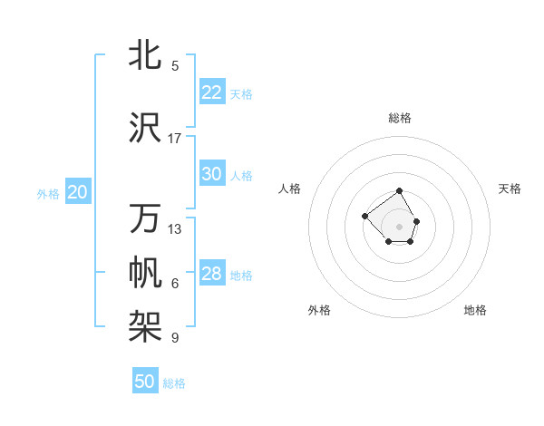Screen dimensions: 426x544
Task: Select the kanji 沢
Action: coord(145,128)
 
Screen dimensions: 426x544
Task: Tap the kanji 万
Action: coord(145,218)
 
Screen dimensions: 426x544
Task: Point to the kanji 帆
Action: coord(145,273)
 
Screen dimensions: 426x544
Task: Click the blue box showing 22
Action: coord(212,92)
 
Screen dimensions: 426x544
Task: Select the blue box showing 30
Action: coord(212,174)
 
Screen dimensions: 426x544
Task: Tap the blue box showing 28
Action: coord(212,274)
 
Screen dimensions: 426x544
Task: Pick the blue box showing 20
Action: coord(78,192)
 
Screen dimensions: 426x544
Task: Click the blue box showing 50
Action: coord(145,382)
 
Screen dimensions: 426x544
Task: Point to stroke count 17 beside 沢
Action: coord(175,139)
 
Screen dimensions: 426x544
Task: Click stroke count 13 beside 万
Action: coord(175,229)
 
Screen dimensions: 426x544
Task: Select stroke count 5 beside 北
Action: coord(175,66)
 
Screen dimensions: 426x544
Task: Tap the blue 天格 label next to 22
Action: coord(241,94)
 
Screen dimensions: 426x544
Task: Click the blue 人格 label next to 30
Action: coord(241,176)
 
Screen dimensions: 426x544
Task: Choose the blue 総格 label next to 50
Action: coord(174,383)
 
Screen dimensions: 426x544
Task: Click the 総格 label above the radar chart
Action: coord(400,118)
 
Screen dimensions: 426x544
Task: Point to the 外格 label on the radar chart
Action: coord(319,310)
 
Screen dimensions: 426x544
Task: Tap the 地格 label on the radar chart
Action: coord(475,310)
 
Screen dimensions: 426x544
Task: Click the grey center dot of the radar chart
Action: coord(400,226)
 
